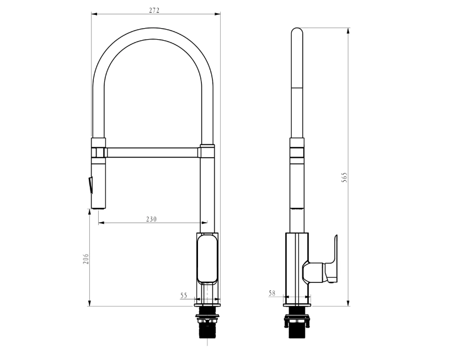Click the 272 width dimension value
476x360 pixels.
click(154, 10)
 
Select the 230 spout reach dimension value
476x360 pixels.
click(151, 219)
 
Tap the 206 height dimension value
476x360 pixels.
click(86, 259)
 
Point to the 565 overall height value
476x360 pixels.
click(344, 178)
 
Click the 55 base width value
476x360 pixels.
click(184, 295)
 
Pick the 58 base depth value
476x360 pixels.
click(272, 293)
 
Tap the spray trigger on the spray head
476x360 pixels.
click(90, 185)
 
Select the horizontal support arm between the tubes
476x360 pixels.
click(153, 152)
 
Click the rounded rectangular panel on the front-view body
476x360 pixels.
click(207, 259)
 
